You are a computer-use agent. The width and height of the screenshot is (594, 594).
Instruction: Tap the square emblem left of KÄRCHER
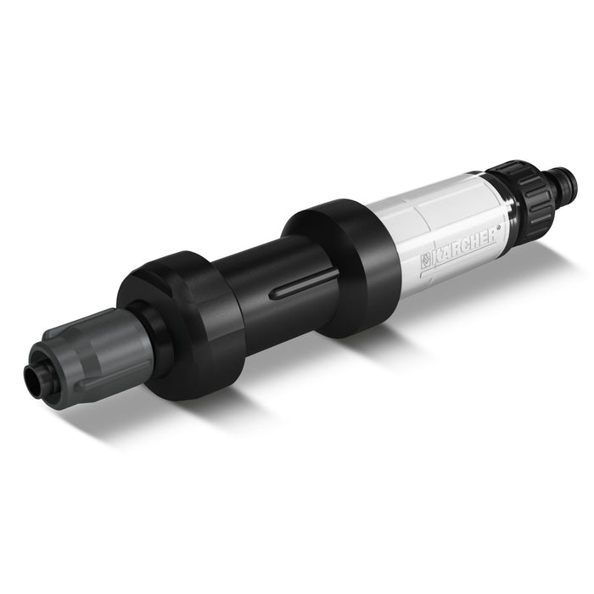tap(424, 261)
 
